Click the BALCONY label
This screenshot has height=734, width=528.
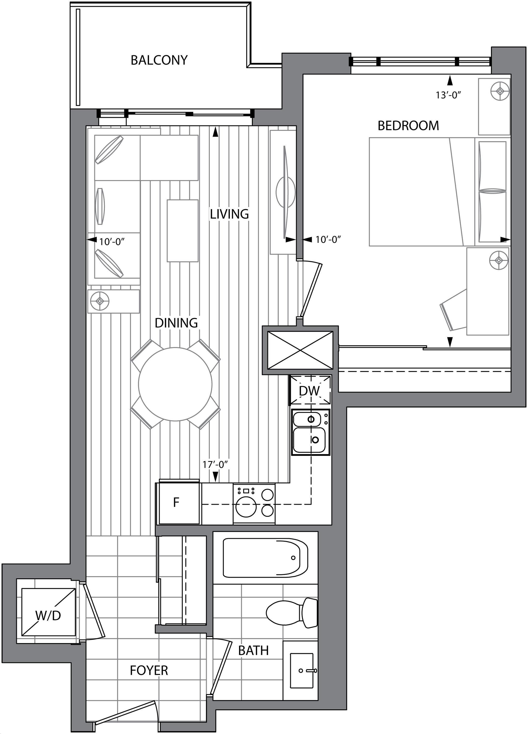tap(159, 60)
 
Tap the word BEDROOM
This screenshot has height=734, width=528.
tap(408, 126)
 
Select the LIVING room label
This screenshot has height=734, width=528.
tap(229, 214)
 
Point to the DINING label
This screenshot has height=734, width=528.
tap(176, 323)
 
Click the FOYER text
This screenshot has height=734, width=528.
tap(149, 671)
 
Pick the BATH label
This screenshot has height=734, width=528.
tap(253, 651)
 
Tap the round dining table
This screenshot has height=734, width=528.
tap(175, 384)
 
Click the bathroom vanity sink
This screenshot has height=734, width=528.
tap(302, 670)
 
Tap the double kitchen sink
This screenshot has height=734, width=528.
tap(311, 432)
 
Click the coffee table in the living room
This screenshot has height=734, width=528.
tap(182, 231)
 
